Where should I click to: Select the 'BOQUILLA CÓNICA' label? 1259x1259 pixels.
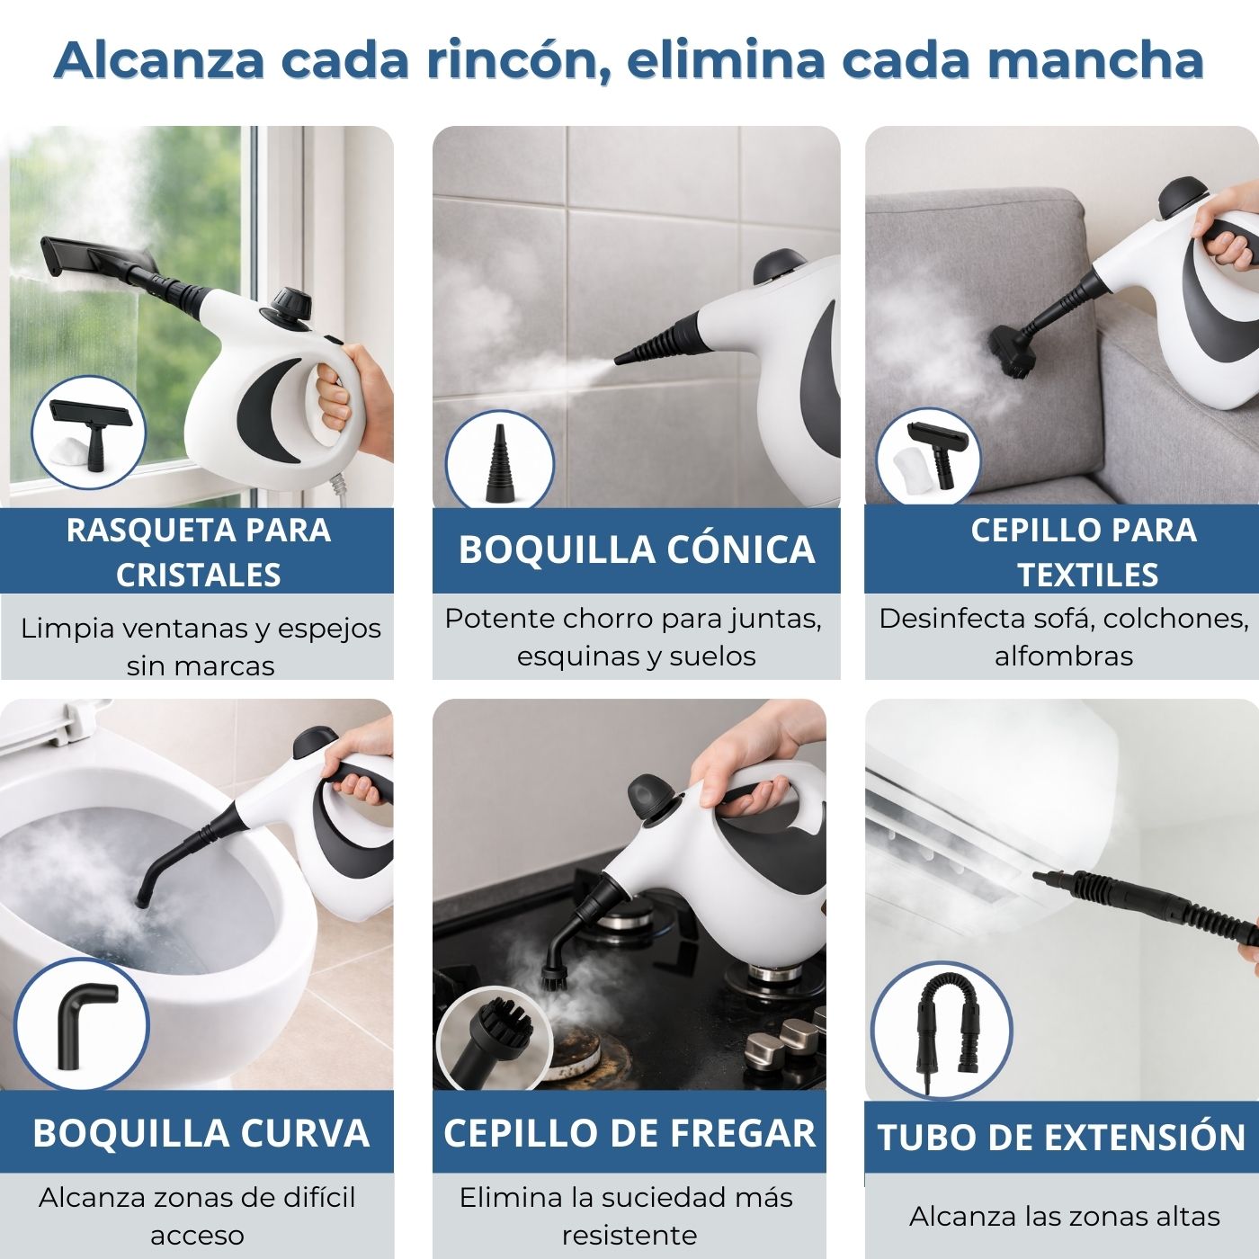(x=636, y=549)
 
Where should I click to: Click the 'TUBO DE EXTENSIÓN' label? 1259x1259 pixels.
(x=1061, y=1138)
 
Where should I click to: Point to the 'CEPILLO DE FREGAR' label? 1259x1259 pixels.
(x=629, y=1133)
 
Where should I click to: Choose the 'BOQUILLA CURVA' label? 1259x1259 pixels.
(x=201, y=1133)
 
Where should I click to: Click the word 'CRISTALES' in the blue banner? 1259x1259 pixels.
(x=198, y=576)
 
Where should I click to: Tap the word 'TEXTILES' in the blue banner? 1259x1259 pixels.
(x=1087, y=576)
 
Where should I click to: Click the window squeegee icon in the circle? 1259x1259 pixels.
(x=91, y=429)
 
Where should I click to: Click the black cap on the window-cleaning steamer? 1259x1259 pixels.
(x=292, y=299)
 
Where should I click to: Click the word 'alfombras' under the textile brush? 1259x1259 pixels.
(x=1063, y=656)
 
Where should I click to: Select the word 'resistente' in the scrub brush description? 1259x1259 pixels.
(x=629, y=1235)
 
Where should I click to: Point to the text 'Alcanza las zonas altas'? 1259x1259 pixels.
(x=1064, y=1217)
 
